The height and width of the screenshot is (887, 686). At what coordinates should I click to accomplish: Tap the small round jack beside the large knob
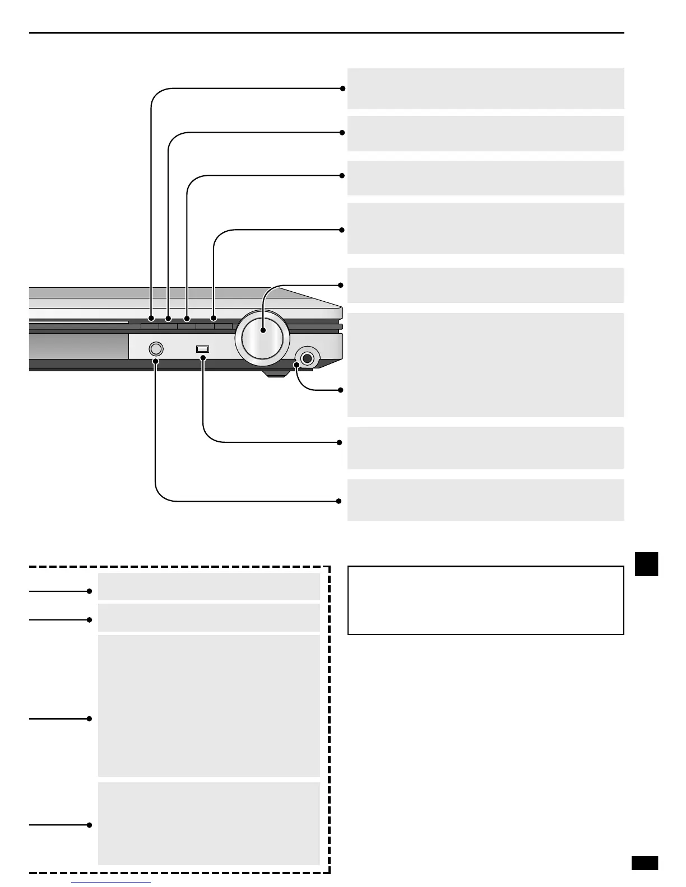pos(307,358)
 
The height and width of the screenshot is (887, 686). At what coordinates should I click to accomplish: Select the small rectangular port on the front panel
pos(202,349)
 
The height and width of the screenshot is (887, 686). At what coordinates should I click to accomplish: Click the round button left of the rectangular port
pos(157,349)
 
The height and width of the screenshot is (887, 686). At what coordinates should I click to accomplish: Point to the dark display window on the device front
pos(78,347)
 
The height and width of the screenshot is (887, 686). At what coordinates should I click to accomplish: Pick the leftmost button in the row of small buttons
pos(150,324)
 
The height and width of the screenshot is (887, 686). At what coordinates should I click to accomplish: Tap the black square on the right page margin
pos(646,564)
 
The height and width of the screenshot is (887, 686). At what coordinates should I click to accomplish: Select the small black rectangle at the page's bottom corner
pos(645,863)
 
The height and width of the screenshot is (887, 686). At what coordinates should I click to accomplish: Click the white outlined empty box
pos(485,600)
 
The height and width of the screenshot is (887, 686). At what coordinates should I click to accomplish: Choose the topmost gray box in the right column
pos(485,88)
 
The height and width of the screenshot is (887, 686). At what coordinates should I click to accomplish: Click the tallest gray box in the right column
pos(485,365)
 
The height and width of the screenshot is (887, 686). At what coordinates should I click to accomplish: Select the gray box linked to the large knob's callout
pos(485,286)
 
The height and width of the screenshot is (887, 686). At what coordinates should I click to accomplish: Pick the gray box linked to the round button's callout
pos(485,500)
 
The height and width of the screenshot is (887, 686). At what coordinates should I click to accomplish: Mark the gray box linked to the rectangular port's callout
pos(485,448)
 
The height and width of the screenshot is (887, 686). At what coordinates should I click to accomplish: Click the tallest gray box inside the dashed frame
pos(208,706)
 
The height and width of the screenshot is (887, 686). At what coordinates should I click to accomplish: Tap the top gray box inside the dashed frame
pos(208,586)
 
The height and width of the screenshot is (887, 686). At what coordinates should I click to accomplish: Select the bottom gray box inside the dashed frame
pos(208,823)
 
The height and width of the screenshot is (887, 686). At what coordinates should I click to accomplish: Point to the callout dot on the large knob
pos(263,332)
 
